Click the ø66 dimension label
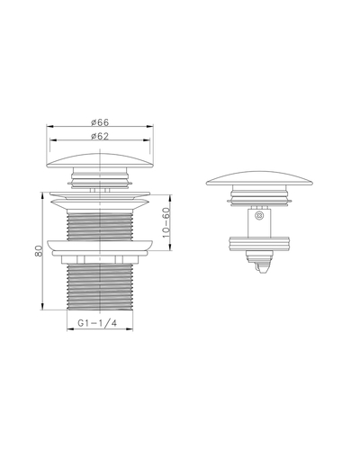(x=100, y=122)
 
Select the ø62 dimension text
(x=100, y=136)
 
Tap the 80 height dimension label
(x=39, y=250)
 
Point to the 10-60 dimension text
(x=166, y=222)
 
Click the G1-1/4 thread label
(x=97, y=323)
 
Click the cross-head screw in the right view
(x=258, y=215)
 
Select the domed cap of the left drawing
(x=100, y=161)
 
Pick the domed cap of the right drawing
(x=259, y=178)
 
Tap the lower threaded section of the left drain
(x=100, y=287)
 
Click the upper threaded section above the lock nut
(x=100, y=226)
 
